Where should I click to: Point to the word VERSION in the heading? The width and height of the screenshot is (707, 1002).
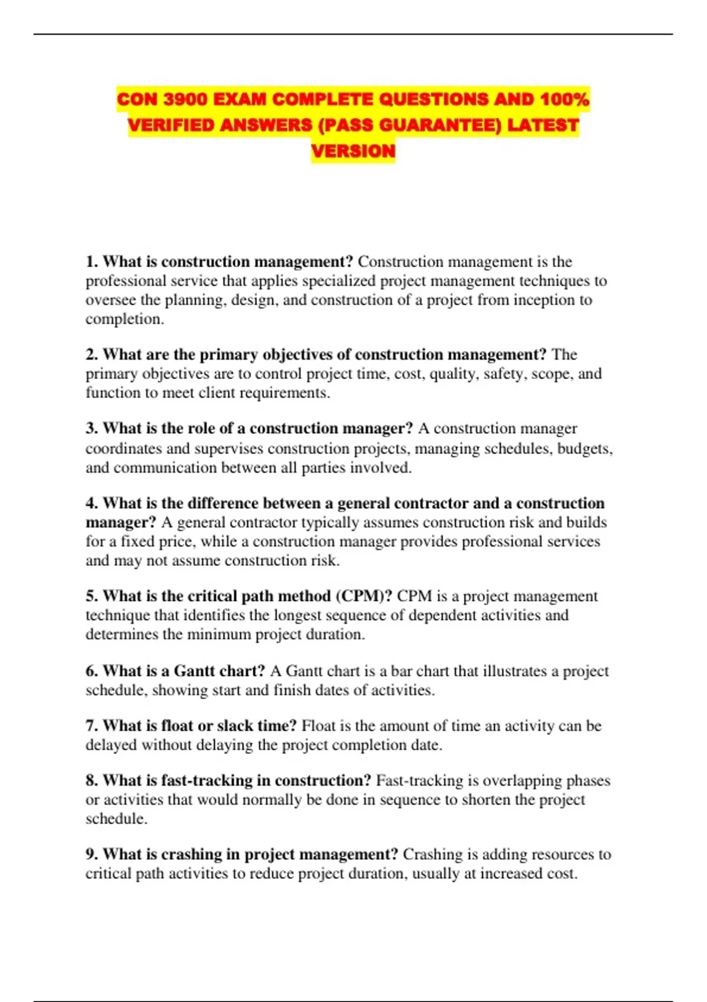pyautogui.click(x=353, y=151)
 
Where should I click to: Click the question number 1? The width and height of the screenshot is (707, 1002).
pyautogui.click(x=91, y=262)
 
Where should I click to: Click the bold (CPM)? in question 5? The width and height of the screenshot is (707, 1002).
pyautogui.click(x=364, y=596)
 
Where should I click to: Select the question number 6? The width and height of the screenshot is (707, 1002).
pyautogui.click(x=91, y=671)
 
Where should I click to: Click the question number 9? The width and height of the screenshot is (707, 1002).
pyautogui.click(x=91, y=854)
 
